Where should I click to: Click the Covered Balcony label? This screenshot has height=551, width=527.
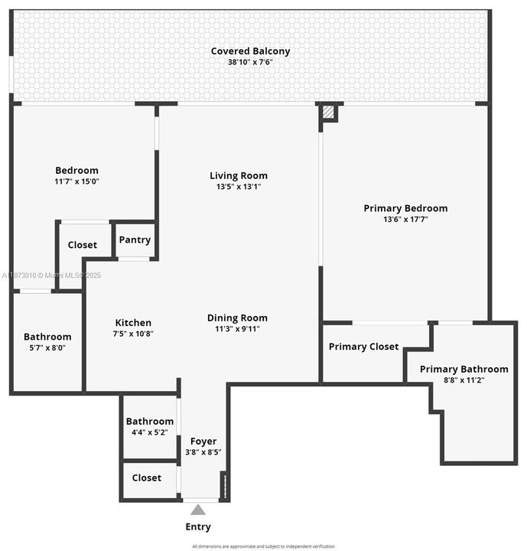coord(250,51)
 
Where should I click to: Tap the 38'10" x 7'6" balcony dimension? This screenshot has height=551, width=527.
coord(250,62)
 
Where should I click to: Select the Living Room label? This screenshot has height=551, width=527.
coord(239,175)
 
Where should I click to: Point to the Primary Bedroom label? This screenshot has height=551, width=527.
coord(405,208)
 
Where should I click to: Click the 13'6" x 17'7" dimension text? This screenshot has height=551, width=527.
coord(405,220)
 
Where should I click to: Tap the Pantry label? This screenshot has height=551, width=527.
coord(135,240)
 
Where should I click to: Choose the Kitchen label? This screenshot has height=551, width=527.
coord(133,322)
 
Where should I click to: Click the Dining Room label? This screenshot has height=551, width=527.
coord(237,318)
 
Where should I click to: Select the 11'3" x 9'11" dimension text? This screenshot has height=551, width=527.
coord(237,329)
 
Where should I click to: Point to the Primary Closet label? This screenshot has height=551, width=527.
coord(363,347)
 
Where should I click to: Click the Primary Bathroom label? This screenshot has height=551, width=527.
coord(464,369)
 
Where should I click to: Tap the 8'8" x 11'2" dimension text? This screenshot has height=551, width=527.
coord(464,380)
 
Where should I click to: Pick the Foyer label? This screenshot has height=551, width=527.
coord(203,441)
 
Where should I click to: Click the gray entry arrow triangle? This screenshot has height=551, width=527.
coord(198,510)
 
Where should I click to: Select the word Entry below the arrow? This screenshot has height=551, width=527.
coord(198,527)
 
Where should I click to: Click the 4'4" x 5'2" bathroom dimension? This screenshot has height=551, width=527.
coord(150,432)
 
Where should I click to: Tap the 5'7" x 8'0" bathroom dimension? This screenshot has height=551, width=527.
coord(47,347)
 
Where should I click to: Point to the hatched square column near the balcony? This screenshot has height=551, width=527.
coord(328,112)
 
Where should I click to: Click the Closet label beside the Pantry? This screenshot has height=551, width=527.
coord(83,245)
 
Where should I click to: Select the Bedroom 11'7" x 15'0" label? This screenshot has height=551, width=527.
coord(76,175)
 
